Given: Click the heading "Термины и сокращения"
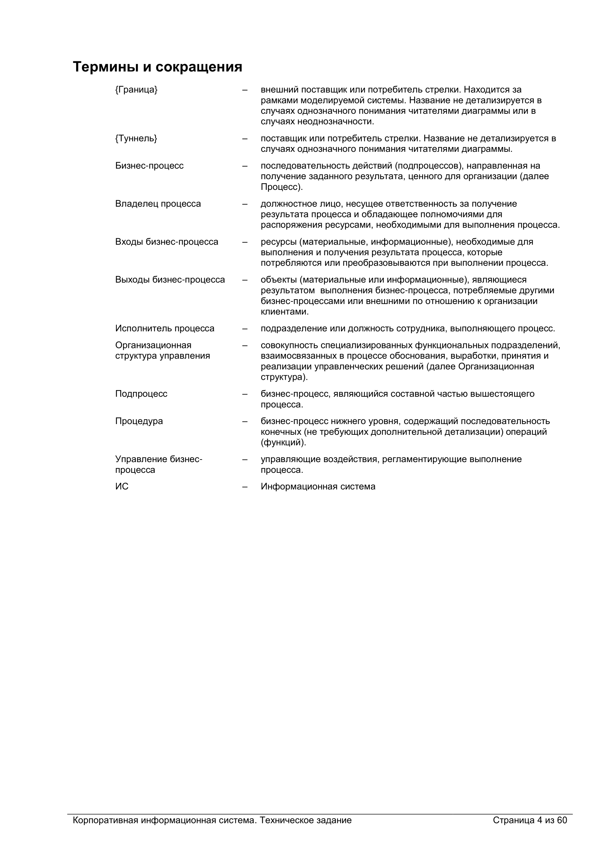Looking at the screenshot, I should coord(157,67).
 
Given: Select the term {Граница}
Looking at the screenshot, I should coord(136,89).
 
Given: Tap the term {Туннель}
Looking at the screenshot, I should coord(136,139).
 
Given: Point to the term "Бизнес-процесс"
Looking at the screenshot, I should coord(149,166).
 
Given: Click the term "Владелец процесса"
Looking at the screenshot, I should coord(158,204).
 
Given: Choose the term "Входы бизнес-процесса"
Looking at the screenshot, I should coord(167,242).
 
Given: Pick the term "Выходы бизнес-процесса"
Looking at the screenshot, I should coord(170,280).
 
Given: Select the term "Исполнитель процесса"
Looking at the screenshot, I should coord(165,328).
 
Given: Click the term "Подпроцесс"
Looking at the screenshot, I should coord(141,394).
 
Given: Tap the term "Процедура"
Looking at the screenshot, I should coord(139,421).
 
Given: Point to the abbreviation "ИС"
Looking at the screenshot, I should coord(122,486).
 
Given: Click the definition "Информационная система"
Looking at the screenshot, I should coord(318,486).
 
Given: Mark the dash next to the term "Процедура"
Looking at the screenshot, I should coord(245,421).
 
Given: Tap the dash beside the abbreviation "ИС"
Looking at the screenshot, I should coord(245,486).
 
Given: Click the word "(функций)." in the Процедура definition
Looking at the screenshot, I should coord(283,443).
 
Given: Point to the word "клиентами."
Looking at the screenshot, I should coord(285,312).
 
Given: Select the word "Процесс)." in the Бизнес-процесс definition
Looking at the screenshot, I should coord(282,187).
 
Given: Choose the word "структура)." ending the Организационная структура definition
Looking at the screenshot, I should coord(284,377).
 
